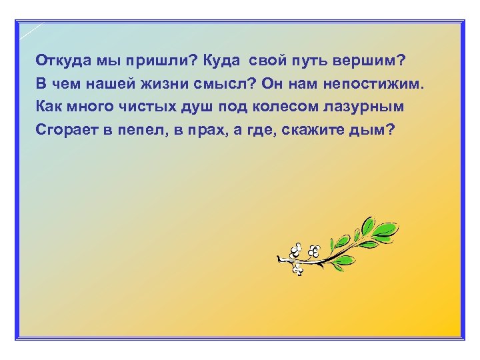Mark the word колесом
click(280, 107)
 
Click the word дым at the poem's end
click(373, 129)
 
